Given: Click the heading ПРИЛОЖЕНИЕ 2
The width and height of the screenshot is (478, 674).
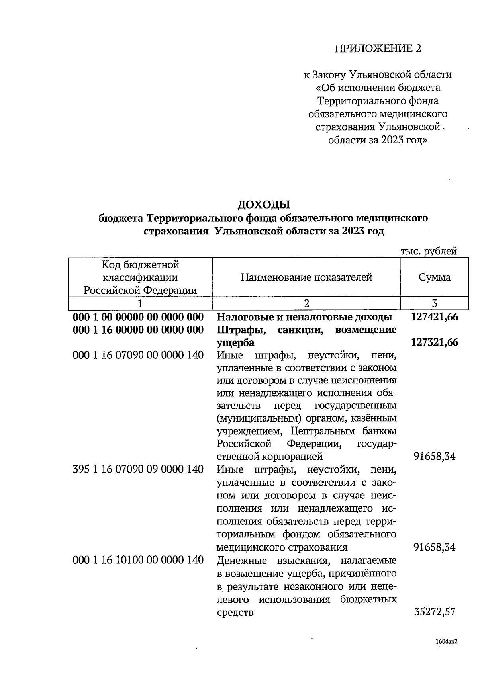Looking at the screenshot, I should pyautogui.click(x=377, y=49).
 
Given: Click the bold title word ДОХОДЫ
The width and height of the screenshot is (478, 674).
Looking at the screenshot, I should pyautogui.click(x=264, y=205).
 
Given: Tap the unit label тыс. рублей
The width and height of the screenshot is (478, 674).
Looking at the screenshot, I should pyautogui.click(x=428, y=251).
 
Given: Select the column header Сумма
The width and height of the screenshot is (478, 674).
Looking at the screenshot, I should pyautogui.click(x=435, y=277).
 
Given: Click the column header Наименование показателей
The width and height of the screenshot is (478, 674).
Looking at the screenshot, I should pyautogui.click(x=306, y=277).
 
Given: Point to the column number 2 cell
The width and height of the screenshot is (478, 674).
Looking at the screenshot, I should pyautogui.click(x=306, y=304).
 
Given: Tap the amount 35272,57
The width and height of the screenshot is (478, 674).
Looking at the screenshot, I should pyautogui.click(x=435, y=612).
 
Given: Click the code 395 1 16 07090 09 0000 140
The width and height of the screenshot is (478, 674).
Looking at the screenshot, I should pyautogui.click(x=138, y=469).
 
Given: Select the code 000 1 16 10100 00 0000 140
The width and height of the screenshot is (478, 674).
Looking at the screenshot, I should pyautogui.click(x=138, y=560).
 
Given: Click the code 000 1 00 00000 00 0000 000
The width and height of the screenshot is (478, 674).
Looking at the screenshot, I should pyautogui.click(x=138, y=317).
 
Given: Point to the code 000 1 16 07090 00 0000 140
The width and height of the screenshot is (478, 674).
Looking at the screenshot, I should pyautogui.click(x=138, y=355).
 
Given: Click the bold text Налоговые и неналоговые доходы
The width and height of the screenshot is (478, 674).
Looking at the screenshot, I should pyautogui.click(x=304, y=317).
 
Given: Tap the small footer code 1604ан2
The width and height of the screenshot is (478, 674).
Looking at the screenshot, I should pyautogui.click(x=446, y=641).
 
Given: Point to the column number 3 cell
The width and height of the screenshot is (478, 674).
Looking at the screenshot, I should pyautogui.click(x=435, y=304).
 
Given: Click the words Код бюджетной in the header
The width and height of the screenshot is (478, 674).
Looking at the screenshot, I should pyautogui.click(x=140, y=265).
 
